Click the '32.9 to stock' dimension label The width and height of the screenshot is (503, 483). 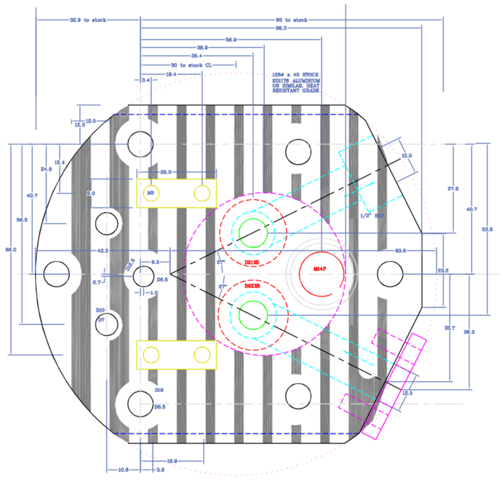[x=88, y=20]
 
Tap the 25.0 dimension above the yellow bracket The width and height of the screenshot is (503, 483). [x=165, y=172]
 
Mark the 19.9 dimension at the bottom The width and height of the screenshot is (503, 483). [x=171, y=461]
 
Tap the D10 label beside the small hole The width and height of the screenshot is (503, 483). [x=100, y=310]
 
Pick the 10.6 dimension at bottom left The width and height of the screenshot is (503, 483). [x=123, y=469]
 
